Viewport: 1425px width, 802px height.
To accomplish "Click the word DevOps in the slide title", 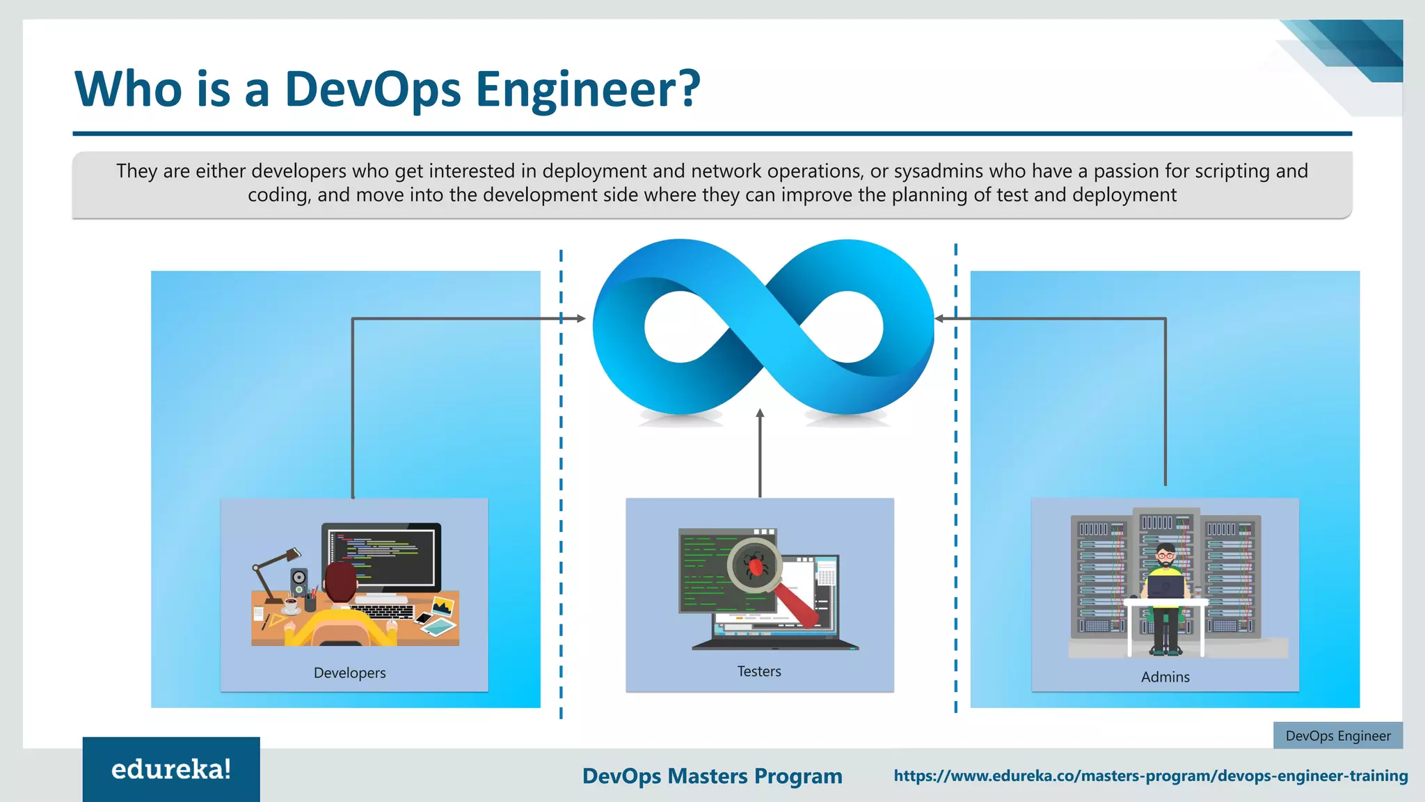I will coord(373,91).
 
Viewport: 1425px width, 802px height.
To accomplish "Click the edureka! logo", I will coord(171,769).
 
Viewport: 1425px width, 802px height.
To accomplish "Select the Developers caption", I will coord(349,673).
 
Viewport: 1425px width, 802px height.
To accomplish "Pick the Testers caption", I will coord(759,672).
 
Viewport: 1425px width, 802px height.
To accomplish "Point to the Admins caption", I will coord(1165,677).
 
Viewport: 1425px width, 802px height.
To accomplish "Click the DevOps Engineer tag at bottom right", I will coord(1337,736).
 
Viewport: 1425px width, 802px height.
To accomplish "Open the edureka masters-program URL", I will coord(1150,776).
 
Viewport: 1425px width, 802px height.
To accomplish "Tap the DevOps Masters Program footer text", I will coord(712,776).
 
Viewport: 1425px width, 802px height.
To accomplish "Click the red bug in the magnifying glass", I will coord(755,565).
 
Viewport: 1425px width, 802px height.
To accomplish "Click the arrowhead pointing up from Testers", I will coord(760,414).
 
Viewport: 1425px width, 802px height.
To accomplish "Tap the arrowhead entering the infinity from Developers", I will coord(580,319).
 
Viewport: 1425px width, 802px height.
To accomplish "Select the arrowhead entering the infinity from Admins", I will coord(939,319).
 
